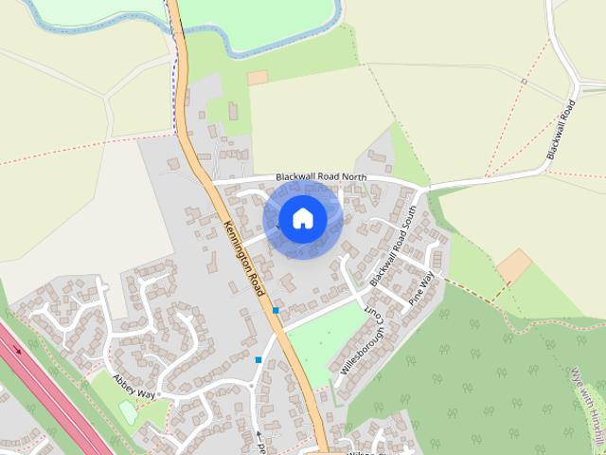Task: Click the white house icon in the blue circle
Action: pos(302,218)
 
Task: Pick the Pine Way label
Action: pos(420,287)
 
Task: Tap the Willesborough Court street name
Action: pos(362,337)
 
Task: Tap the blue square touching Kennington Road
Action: pos(276,310)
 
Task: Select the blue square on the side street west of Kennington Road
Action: pos(258,359)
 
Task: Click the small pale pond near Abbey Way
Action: pos(127,411)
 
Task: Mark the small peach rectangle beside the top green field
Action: pos(258,78)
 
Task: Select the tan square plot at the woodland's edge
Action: pos(514,266)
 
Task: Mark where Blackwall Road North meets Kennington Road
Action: pos(210,180)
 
